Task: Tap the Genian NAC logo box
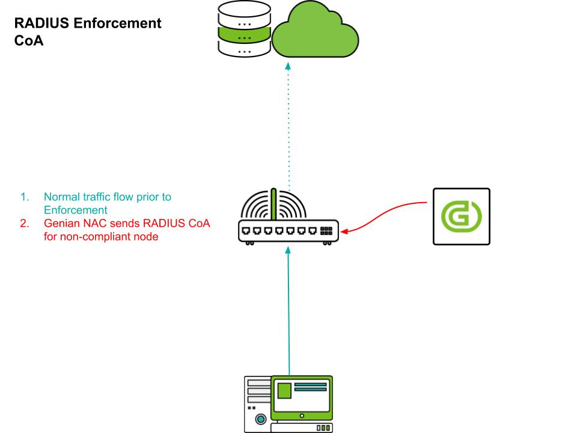[462, 216]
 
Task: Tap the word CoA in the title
[28, 43]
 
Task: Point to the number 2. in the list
[25, 224]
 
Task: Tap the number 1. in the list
[25, 197]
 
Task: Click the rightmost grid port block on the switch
[326, 230]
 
